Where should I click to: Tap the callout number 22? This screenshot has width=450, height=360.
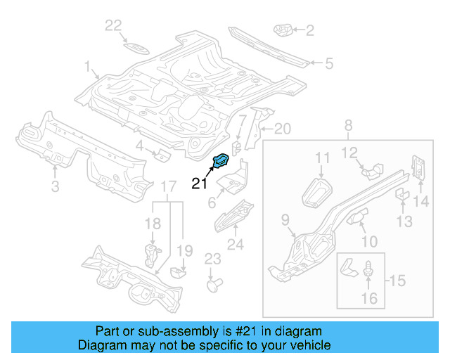[114, 26]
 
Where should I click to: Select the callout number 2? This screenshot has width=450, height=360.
[309, 30]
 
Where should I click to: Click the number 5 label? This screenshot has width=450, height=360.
[328, 64]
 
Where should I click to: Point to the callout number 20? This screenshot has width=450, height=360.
[281, 128]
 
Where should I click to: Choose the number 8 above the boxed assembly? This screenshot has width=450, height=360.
[348, 127]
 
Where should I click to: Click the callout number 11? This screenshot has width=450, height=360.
[322, 157]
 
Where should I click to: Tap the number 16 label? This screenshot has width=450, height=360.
[368, 299]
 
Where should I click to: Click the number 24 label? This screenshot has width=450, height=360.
[235, 245]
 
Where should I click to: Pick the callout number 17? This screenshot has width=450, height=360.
[168, 186]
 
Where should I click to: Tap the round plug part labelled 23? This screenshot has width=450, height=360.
[212, 285]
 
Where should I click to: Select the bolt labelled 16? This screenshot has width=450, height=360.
[368, 269]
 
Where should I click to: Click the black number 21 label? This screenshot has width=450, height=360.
[200, 184]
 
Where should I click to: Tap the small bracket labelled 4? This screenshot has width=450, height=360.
[161, 154]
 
